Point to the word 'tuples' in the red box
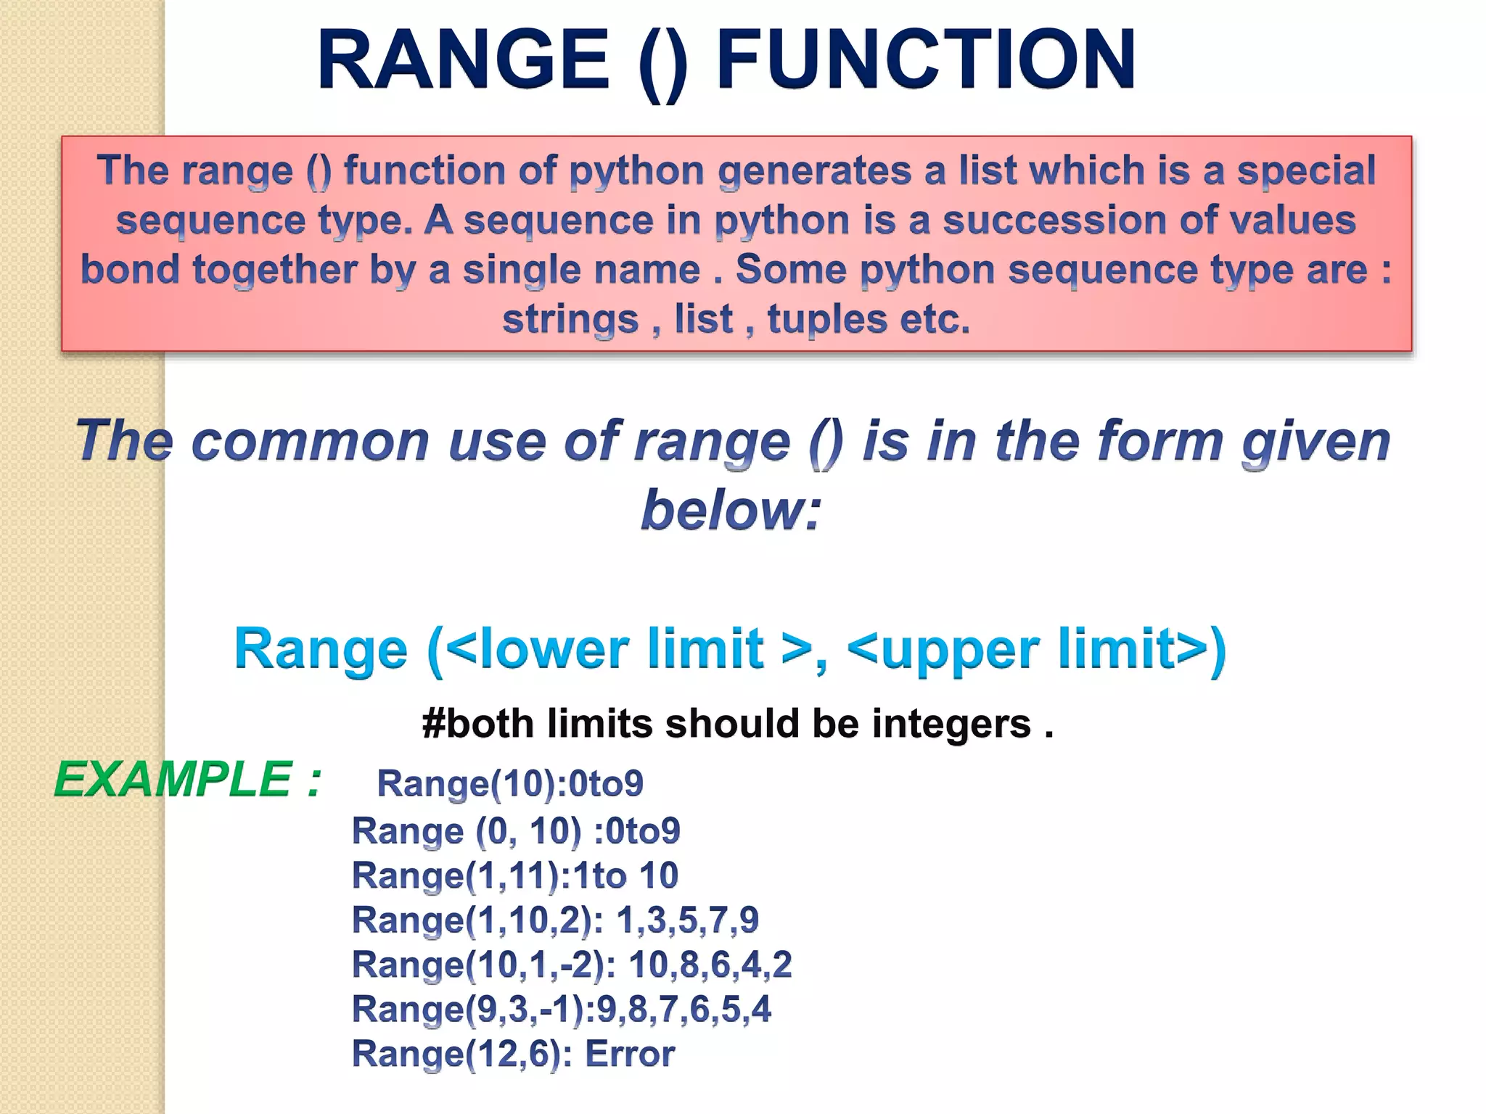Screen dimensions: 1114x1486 pos(827,319)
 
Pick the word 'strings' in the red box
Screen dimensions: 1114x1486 pos(570,319)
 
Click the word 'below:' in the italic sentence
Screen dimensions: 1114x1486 pos(731,510)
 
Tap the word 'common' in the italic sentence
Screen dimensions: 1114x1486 pos(311,441)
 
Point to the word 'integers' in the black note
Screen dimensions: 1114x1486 pos(951,724)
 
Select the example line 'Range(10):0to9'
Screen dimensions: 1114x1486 pos(510,783)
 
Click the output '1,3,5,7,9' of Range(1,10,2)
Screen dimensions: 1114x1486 pos(686,920)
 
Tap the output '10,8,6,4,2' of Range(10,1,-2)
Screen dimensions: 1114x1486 pos(710,965)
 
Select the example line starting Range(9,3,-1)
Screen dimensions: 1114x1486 pos(562,1009)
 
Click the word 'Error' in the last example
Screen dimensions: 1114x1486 pos(629,1054)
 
